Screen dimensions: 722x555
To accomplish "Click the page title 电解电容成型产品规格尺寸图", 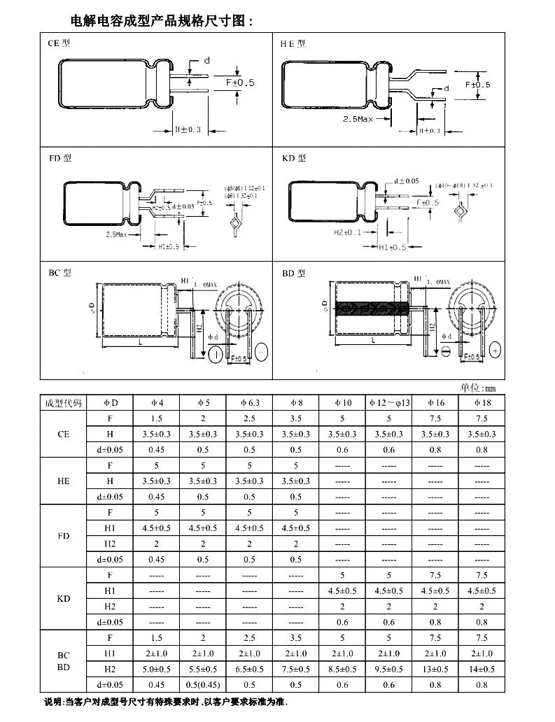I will pyautogui.click(x=161, y=21).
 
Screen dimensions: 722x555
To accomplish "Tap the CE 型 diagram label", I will pyautogui.click(x=59, y=43).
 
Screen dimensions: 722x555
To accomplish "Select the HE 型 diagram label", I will pyautogui.click(x=293, y=43).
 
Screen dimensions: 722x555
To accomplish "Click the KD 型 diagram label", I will pyautogui.click(x=293, y=158).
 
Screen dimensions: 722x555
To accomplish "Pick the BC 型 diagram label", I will pyautogui.click(x=59, y=273).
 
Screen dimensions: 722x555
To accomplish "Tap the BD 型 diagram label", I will pyautogui.click(x=293, y=273).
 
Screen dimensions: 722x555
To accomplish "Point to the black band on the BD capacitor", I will pyautogui.click(x=371, y=309).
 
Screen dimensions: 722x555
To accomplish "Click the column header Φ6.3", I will pyautogui.click(x=249, y=403).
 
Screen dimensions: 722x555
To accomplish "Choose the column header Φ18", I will pyautogui.click(x=482, y=403).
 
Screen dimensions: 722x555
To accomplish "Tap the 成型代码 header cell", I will pyautogui.click(x=63, y=403).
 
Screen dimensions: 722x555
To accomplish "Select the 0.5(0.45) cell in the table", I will pyautogui.click(x=203, y=685).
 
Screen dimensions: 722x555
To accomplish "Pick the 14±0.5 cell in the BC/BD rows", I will pyautogui.click(x=482, y=670).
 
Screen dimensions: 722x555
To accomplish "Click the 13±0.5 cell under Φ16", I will pyautogui.click(x=435, y=670).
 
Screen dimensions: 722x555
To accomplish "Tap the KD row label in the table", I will pyautogui.click(x=63, y=599).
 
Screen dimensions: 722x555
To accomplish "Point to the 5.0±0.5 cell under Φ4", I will pyautogui.click(x=157, y=670).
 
